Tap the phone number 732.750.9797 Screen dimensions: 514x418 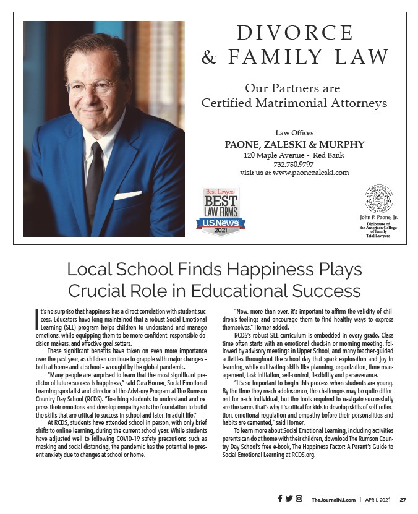click(x=294, y=164)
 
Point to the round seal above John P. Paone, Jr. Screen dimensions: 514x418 click(x=378, y=199)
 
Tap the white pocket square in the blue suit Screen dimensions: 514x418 click(x=128, y=195)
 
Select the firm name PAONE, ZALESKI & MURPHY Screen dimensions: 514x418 click(x=294, y=145)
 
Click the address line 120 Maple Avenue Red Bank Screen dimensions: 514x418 click(x=294, y=155)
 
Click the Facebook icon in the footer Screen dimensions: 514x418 click(x=279, y=499)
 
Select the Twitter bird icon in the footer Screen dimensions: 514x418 click(x=289, y=499)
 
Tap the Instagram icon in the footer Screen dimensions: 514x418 click(x=299, y=499)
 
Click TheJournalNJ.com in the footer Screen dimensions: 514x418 click(x=333, y=499)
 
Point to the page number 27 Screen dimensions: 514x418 click(x=403, y=499)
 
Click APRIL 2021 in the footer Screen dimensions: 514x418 click(x=376, y=499)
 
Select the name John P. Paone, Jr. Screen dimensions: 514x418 click(x=378, y=218)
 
